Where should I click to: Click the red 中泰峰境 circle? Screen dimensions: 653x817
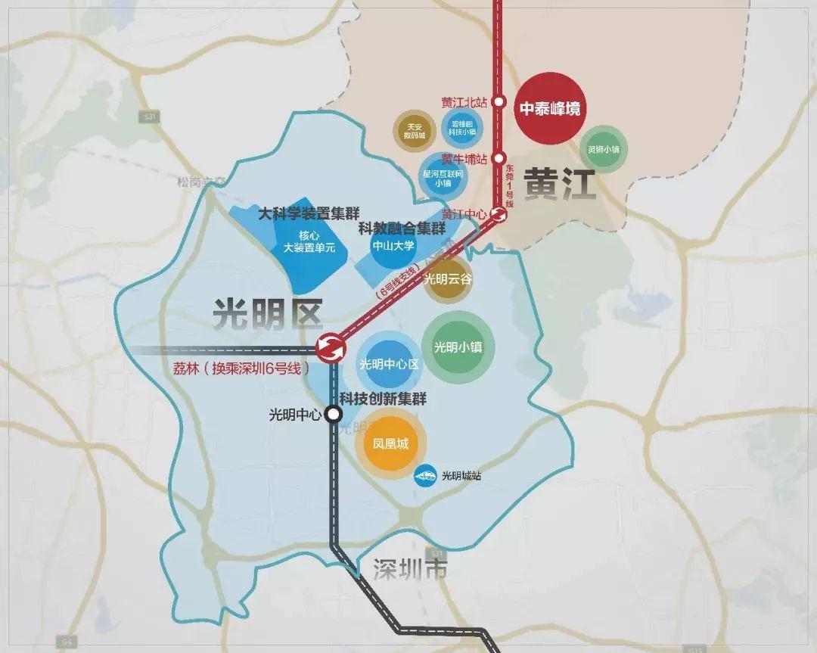550,108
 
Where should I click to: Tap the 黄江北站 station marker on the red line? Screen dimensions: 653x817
499,101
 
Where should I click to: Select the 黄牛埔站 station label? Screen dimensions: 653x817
464,159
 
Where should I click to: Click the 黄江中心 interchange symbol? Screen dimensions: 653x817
498,214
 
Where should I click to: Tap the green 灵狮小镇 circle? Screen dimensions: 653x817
604,150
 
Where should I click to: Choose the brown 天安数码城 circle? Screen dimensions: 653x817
415,131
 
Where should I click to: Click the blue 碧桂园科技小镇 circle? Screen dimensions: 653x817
461,126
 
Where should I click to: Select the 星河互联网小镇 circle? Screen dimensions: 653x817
443,177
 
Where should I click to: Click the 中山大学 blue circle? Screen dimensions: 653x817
393,246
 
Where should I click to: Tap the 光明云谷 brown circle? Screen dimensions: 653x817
448,278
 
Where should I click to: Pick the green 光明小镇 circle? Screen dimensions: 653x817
458,348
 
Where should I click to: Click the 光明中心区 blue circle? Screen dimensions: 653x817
390,364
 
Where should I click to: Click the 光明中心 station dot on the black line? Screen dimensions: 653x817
333,414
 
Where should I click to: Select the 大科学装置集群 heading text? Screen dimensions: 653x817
308,213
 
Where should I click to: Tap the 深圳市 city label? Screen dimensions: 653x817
409,570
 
